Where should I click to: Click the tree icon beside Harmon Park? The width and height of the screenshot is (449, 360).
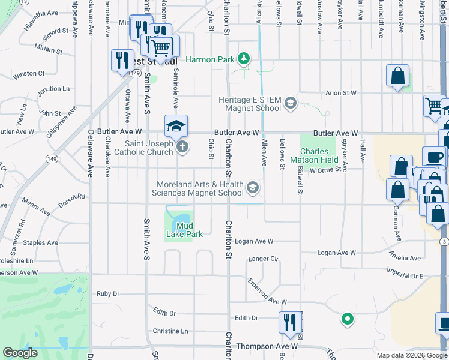(244, 59)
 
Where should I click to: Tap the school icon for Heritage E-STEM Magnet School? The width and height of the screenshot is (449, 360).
(291, 103)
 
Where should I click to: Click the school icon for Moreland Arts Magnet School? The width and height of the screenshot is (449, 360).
(253, 188)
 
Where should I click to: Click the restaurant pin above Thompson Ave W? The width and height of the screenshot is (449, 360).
(289, 322)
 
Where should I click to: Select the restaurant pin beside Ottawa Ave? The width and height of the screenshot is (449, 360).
(122, 61)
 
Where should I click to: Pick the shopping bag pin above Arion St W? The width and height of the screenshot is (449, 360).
(397, 76)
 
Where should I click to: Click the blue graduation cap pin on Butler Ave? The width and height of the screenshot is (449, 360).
(176, 126)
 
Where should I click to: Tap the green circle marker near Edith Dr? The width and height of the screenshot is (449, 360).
(346, 319)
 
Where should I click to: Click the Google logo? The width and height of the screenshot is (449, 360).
(20, 353)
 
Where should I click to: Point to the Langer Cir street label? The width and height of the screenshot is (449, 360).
(264, 259)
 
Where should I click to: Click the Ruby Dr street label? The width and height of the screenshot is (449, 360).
(108, 294)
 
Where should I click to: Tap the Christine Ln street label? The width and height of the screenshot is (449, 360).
(170, 331)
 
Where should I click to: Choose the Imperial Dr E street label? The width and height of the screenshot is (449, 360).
(405, 275)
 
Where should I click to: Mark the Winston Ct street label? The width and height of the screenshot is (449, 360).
(29, 74)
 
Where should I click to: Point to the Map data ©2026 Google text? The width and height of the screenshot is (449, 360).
(412, 355)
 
